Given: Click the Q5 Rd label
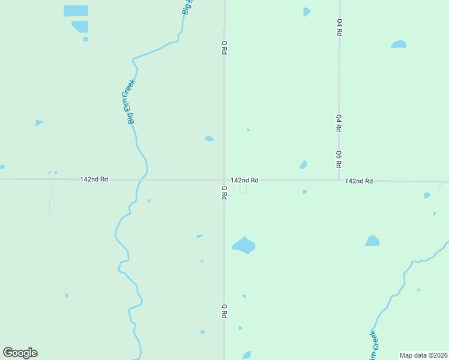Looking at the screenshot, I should (x=339, y=158).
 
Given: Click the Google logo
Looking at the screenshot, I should (x=20, y=353).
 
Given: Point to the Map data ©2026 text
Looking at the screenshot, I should (x=423, y=355).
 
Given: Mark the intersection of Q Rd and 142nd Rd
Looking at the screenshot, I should (x=224, y=179).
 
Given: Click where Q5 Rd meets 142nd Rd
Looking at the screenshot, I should (x=339, y=180).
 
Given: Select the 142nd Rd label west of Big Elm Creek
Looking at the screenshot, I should (x=94, y=179).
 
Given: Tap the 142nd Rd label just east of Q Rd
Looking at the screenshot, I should (x=244, y=180).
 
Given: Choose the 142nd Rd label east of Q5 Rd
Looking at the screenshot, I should (x=359, y=181).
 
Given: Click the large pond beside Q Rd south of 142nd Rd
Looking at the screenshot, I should (x=244, y=245).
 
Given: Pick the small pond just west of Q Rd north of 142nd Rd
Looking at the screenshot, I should (x=209, y=139).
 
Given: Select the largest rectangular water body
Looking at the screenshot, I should (x=76, y=11).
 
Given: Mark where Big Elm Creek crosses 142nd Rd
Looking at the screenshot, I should (x=142, y=179).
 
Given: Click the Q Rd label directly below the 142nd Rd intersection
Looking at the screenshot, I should (x=224, y=193).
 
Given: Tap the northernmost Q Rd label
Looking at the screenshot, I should (x=224, y=48).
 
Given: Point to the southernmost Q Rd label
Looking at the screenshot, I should (x=224, y=311).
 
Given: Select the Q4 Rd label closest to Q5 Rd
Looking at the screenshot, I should (x=339, y=123).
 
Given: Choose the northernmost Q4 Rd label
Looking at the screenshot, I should (x=339, y=28).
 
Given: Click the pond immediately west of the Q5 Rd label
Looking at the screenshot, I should (x=304, y=165).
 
